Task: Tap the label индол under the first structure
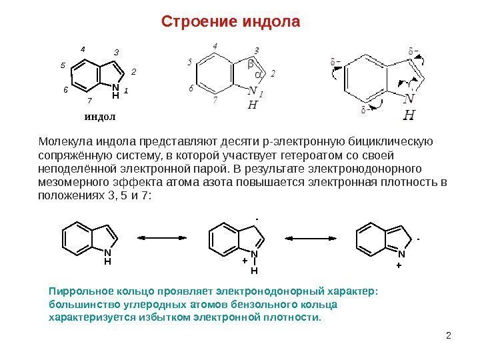click(x=100, y=117)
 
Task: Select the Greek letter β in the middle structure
click(x=251, y=64)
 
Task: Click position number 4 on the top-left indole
click(x=83, y=50)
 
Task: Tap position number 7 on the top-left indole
click(x=89, y=101)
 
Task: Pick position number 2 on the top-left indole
click(x=133, y=71)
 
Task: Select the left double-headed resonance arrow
click(x=163, y=237)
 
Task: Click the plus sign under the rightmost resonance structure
click(x=399, y=265)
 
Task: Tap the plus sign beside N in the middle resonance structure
click(x=245, y=261)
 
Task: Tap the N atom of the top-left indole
click(x=115, y=87)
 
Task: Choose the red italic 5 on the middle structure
click(x=190, y=62)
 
